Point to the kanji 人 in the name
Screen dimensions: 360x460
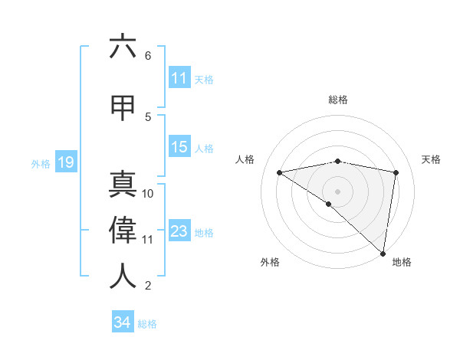coord(123,276)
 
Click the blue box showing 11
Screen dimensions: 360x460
coord(179,78)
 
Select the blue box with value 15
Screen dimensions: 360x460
coord(179,147)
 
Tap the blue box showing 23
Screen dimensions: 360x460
coord(179,231)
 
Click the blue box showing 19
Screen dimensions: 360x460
coord(65,162)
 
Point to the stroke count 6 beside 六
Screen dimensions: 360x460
coord(148,56)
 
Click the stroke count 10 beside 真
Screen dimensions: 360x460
coord(148,194)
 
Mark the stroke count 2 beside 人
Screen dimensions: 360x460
coord(148,286)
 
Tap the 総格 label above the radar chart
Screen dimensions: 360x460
coord(338,100)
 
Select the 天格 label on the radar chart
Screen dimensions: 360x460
coord(432,159)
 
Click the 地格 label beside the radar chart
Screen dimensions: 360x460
coord(402,263)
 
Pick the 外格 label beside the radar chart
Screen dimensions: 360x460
coord(270,263)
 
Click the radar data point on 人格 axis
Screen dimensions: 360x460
coord(280,172)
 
